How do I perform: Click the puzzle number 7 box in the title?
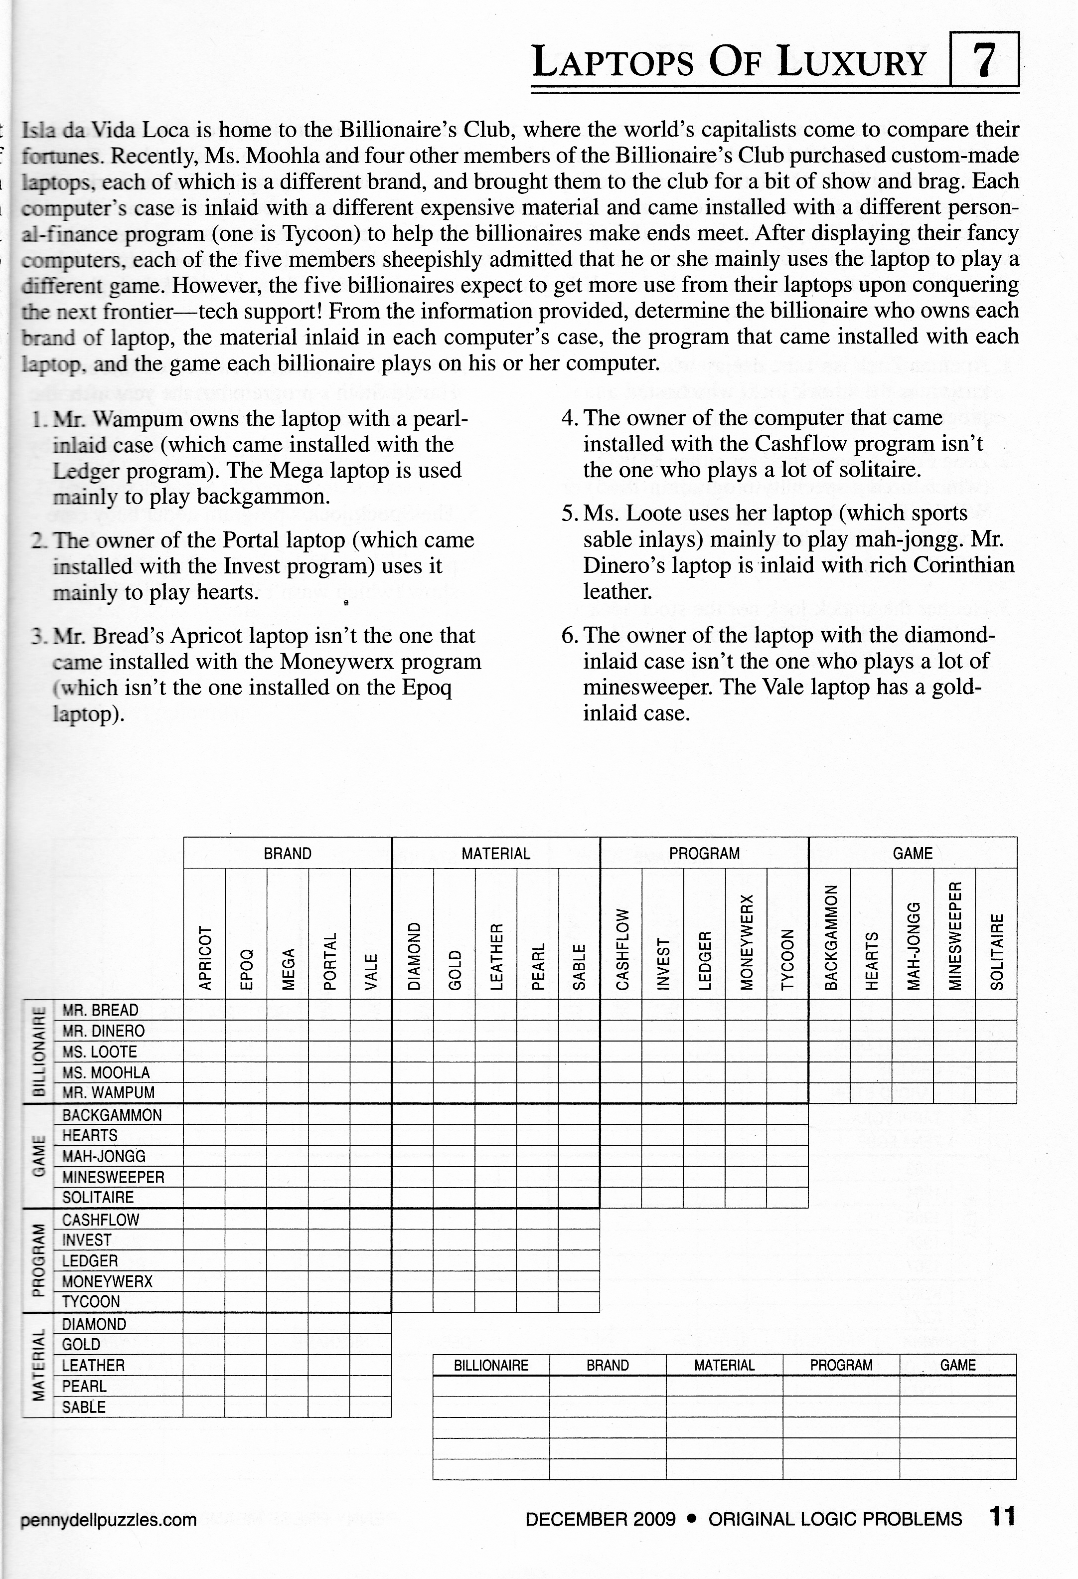pyautogui.click(x=985, y=60)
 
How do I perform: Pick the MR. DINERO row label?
pyautogui.click(x=103, y=1031)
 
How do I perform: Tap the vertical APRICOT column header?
pyautogui.click(x=204, y=957)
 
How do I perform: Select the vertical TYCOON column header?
pyautogui.click(x=787, y=959)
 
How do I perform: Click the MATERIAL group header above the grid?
pyautogui.click(x=496, y=854)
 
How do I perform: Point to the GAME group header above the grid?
pyautogui.click(x=912, y=854)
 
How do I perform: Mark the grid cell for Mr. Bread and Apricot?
pyautogui.click(x=204, y=1010)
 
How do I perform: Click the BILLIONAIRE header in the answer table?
pyautogui.click(x=491, y=1365)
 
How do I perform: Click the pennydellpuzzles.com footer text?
pyautogui.click(x=109, y=1519)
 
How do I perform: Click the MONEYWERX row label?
pyautogui.click(x=107, y=1281)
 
